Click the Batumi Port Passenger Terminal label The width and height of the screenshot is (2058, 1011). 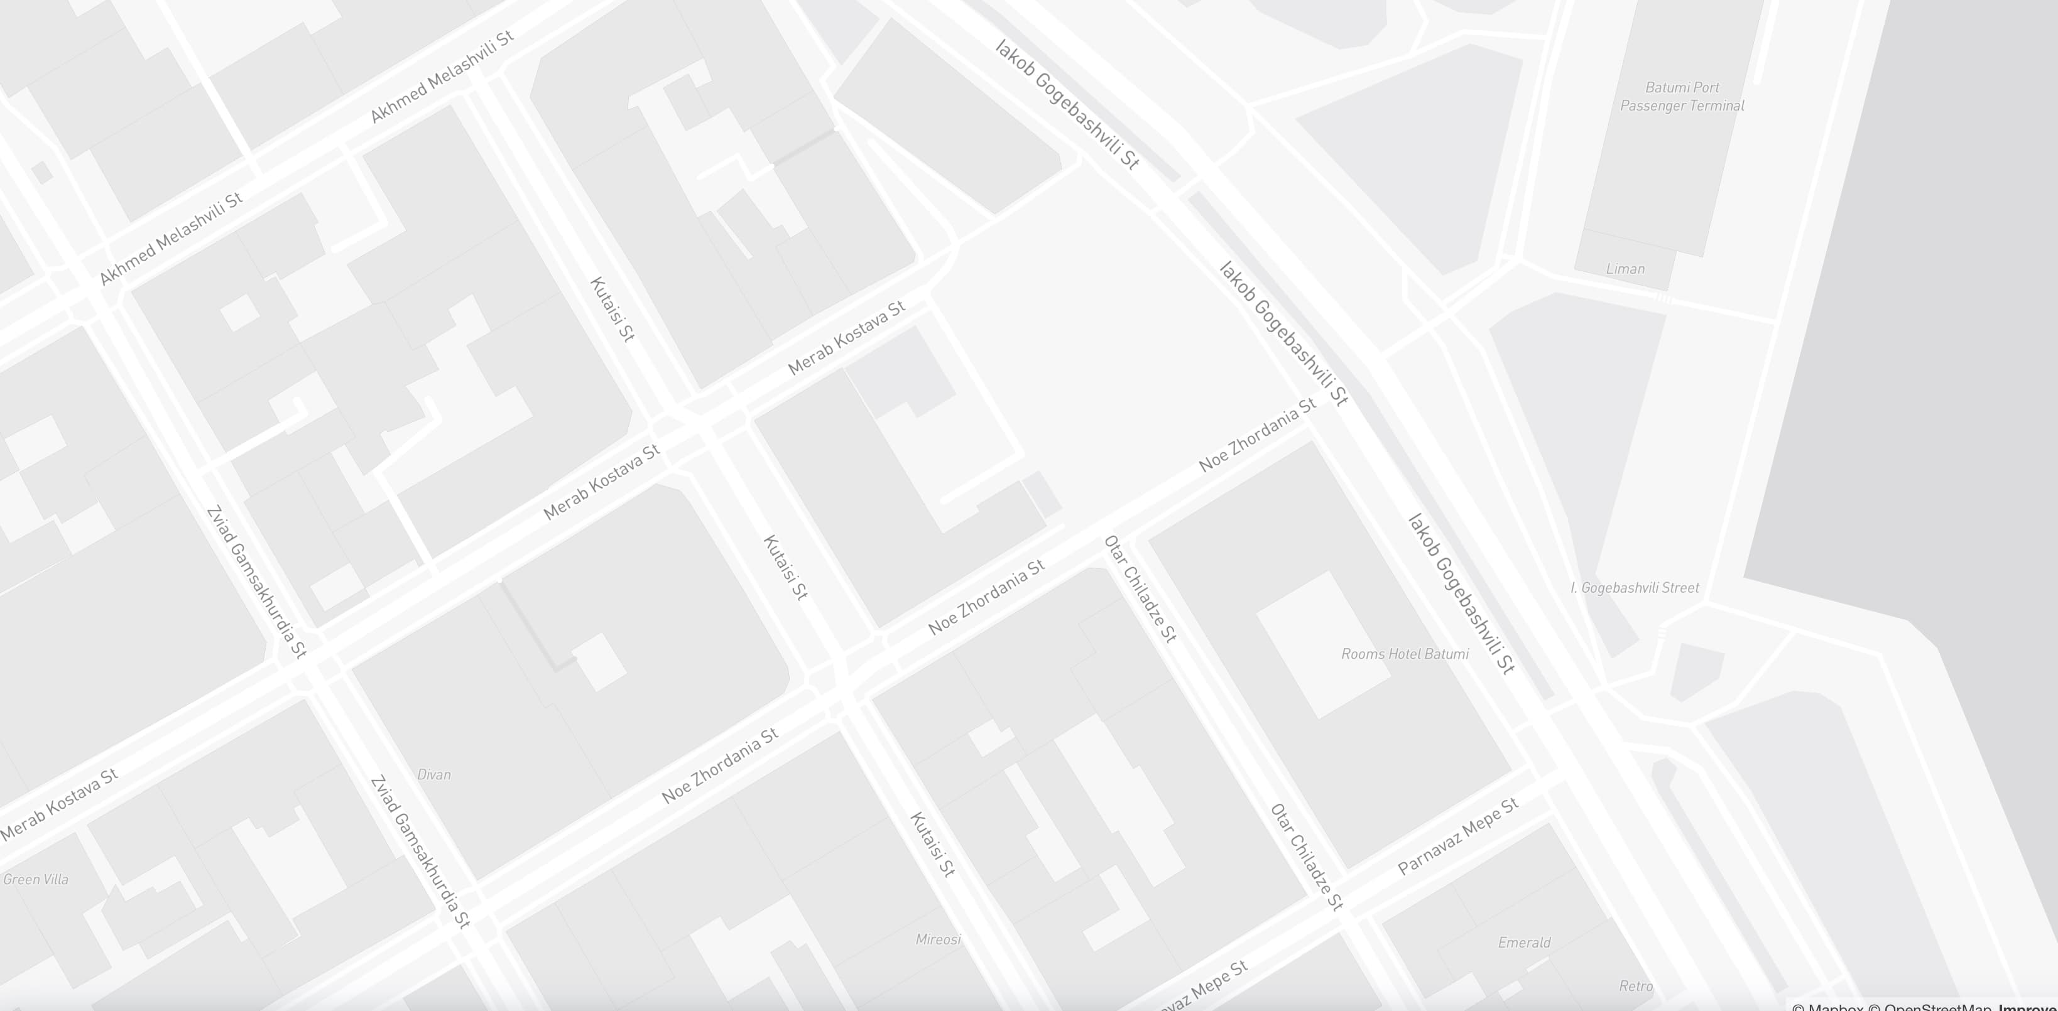click(x=1682, y=97)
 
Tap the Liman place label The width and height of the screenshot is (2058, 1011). click(x=1625, y=269)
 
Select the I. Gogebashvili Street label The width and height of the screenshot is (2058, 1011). click(x=1635, y=588)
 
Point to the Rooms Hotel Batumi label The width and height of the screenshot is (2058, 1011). click(x=1405, y=654)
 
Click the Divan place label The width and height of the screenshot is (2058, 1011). click(x=434, y=775)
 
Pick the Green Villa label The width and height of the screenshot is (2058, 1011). click(x=36, y=879)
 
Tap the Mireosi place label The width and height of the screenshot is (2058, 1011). click(x=938, y=939)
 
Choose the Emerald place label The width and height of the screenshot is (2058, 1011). click(x=1523, y=943)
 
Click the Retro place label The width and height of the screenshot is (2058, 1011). click(x=1635, y=987)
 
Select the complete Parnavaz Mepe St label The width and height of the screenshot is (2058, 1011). click(x=1458, y=837)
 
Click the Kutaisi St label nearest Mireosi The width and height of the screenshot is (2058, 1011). click(x=932, y=844)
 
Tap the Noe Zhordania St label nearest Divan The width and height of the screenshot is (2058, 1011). click(x=720, y=766)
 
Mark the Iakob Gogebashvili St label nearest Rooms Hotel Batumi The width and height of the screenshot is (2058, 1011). click(x=1461, y=594)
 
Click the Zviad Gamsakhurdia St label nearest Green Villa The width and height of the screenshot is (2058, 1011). click(x=420, y=852)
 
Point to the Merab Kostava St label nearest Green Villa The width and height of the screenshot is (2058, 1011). click(x=59, y=805)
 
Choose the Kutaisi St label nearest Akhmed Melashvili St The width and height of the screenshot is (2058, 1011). click(x=612, y=309)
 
